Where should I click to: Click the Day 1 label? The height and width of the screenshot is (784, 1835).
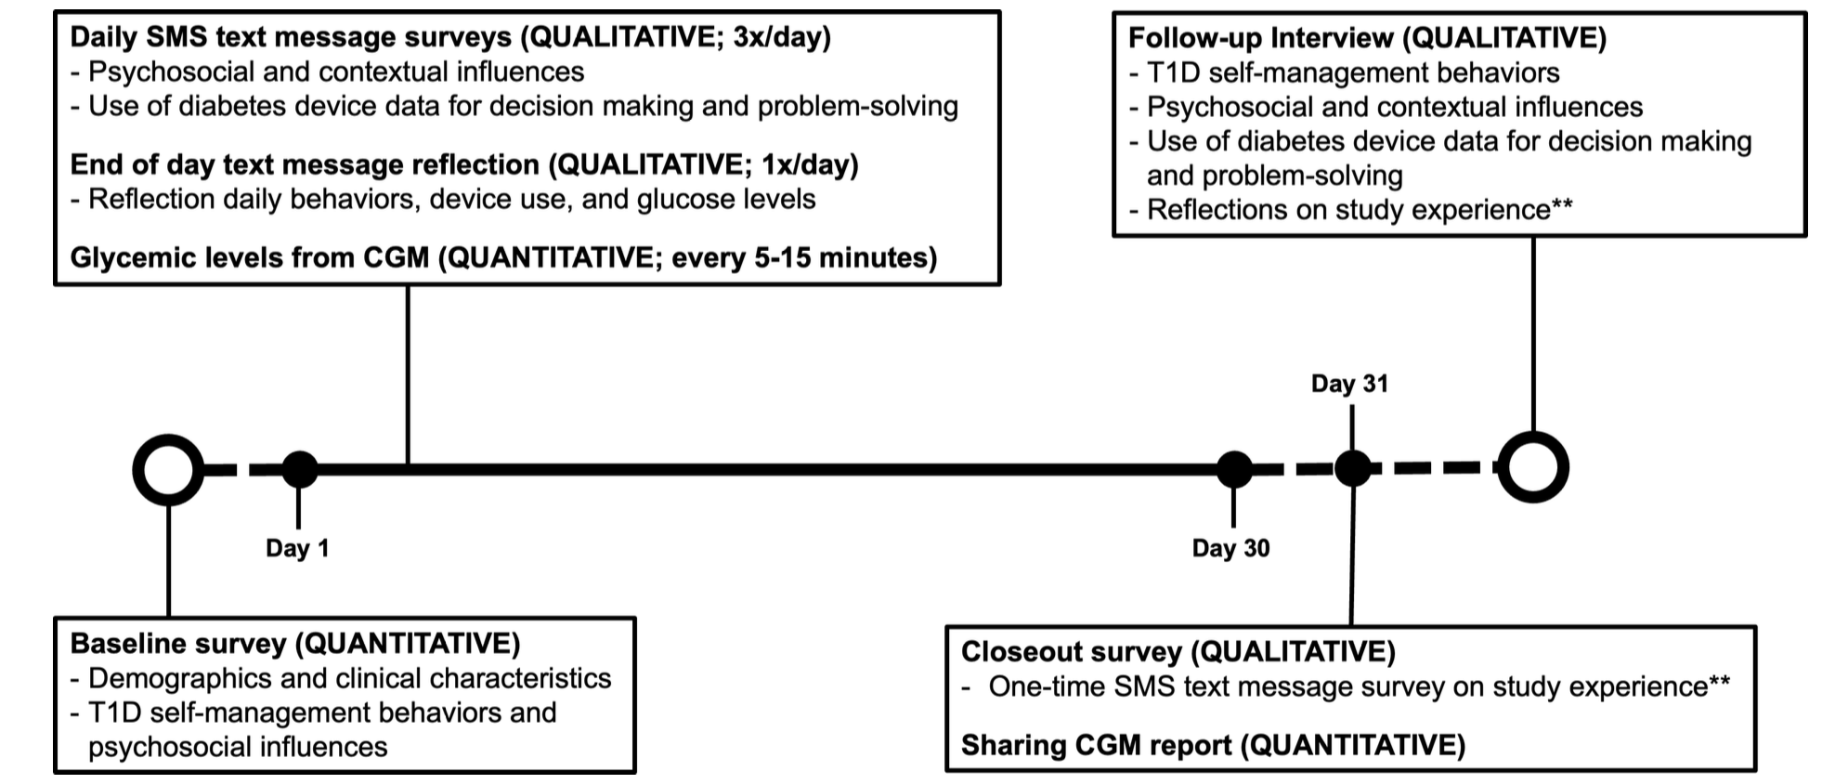(x=297, y=548)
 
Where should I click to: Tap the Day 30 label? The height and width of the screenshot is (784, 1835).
(x=1230, y=548)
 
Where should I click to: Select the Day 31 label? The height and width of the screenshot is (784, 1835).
(x=1349, y=384)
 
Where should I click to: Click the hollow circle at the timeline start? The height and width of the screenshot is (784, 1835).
(x=168, y=470)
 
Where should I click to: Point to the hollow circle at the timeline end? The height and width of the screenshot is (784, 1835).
(x=1533, y=467)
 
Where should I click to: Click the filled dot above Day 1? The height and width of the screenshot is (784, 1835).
(x=299, y=470)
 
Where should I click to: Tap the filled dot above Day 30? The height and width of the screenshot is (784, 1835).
(x=1234, y=470)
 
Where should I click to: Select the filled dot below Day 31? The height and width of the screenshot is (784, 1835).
(x=1353, y=469)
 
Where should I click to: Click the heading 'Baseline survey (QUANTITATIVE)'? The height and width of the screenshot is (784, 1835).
(x=295, y=644)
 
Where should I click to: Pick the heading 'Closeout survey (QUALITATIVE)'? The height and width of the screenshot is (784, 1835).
(x=1178, y=652)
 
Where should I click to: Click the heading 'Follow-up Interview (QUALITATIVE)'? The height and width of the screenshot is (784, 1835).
(x=1367, y=38)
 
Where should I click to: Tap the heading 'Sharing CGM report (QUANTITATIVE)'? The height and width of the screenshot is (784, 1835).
(x=1213, y=745)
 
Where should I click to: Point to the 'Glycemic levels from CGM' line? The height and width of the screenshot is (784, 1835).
(x=504, y=257)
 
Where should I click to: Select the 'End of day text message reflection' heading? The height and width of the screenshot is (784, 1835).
(x=464, y=164)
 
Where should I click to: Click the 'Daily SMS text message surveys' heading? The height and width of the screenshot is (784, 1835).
(x=450, y=37)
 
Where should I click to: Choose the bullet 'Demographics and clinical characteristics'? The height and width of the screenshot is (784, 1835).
(x=341, y=678)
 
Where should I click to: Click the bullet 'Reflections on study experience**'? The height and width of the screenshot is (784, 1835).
(x=1351, y=210)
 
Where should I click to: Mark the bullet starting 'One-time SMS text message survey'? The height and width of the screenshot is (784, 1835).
(x=1346, y=686)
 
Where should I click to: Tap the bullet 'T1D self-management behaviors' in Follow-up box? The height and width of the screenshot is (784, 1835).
(x=1344, y=72)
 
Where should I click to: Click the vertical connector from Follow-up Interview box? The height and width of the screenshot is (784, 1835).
(x=1533, y=334)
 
